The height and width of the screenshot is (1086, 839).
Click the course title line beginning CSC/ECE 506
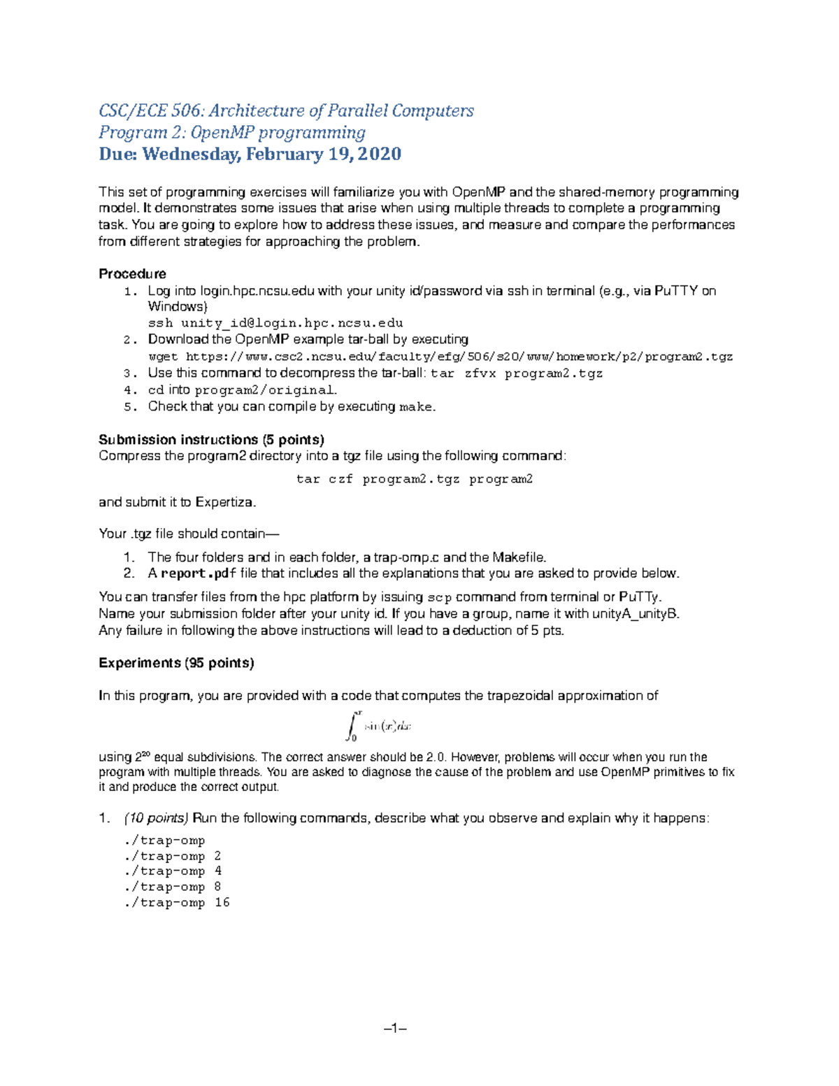pyautogui.click(x=286, y=110)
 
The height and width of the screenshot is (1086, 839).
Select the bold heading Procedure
pyautogui.click(x=132, y=273)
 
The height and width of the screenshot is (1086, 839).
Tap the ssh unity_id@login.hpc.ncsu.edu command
pyautogui.click(x=275, y=323)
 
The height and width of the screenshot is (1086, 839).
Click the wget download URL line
pyautogui.click(x=440, y=357)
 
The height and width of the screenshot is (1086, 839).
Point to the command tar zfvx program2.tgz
pyautogui.click(x=517, y=373)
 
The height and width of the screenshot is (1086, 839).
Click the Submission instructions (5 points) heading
pyautogui.click(x=211, y=440)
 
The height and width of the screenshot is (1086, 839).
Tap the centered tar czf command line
pyautogui.click(x=415, y=480)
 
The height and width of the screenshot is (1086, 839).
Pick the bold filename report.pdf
pyautogui.click(x=199, y=574)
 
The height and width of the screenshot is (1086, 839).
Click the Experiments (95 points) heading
pyautogui.click(x=176, y=663)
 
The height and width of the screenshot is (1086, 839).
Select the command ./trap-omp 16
pyautogui.click(x=176, y=903)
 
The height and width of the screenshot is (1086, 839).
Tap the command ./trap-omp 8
pyautogui.click(x=172, y=887)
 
